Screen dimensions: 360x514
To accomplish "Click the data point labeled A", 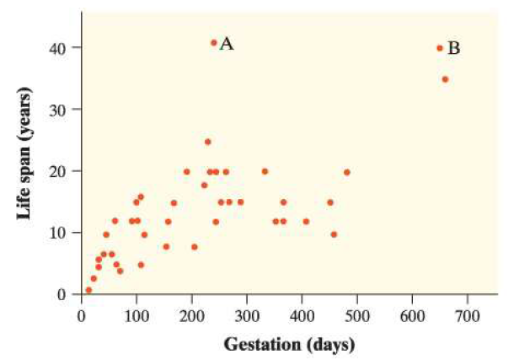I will click(214, 42).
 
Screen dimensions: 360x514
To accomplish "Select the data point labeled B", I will click(440, 48).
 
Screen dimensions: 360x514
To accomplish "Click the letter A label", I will click(227, 44).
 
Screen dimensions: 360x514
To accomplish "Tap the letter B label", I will click(453, 48).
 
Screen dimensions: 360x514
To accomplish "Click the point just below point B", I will click(445, 79).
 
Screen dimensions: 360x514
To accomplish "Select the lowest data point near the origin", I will click(88, 290).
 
